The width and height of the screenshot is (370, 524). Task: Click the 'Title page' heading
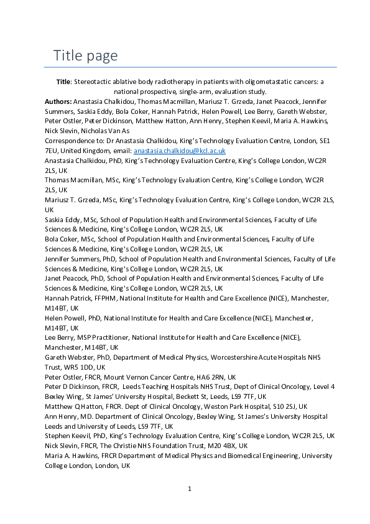(x=85, y=55)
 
